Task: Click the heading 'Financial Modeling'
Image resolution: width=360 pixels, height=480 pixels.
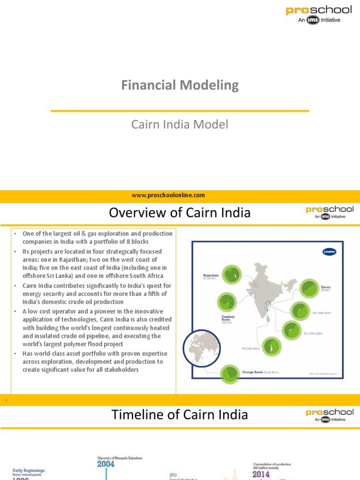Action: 180,85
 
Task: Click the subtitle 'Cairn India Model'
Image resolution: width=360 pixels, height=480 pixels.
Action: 180,125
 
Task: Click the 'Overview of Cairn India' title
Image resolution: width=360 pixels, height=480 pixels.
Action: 180,213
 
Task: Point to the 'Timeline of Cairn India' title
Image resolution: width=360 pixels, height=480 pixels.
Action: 180,415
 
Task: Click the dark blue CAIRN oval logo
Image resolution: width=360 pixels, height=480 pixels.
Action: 330,252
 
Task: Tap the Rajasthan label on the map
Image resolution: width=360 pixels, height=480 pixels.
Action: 210,276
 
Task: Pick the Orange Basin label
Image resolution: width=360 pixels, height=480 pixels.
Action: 253,372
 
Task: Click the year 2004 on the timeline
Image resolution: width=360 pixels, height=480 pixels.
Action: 106,464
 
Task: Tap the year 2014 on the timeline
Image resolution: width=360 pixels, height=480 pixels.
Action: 261,474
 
